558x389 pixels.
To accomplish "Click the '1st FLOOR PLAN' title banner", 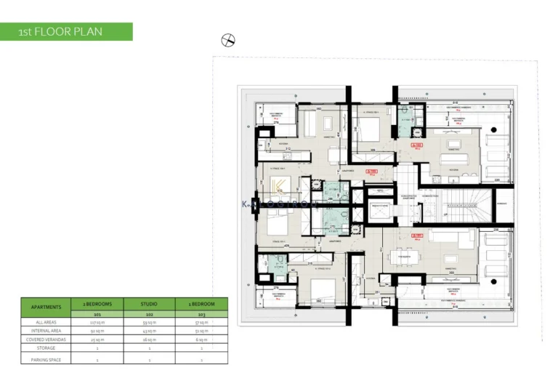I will point(66,31).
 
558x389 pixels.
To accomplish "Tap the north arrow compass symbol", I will point(228,41).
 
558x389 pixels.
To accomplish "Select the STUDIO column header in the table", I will point(150,301).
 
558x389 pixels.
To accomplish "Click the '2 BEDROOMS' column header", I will point(97,301).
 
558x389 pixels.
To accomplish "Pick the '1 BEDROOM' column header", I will point(201,301).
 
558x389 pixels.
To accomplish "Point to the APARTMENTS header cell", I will point(46,307).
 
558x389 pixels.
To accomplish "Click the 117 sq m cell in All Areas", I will point(97,321).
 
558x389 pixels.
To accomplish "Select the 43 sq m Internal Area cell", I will point(150,331).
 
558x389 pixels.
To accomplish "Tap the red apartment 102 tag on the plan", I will point(416,146).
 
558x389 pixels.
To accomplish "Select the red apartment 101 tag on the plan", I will point(372,172).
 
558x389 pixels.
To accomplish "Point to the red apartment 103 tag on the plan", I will point(417,236).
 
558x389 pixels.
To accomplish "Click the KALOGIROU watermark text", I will point(280,205).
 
